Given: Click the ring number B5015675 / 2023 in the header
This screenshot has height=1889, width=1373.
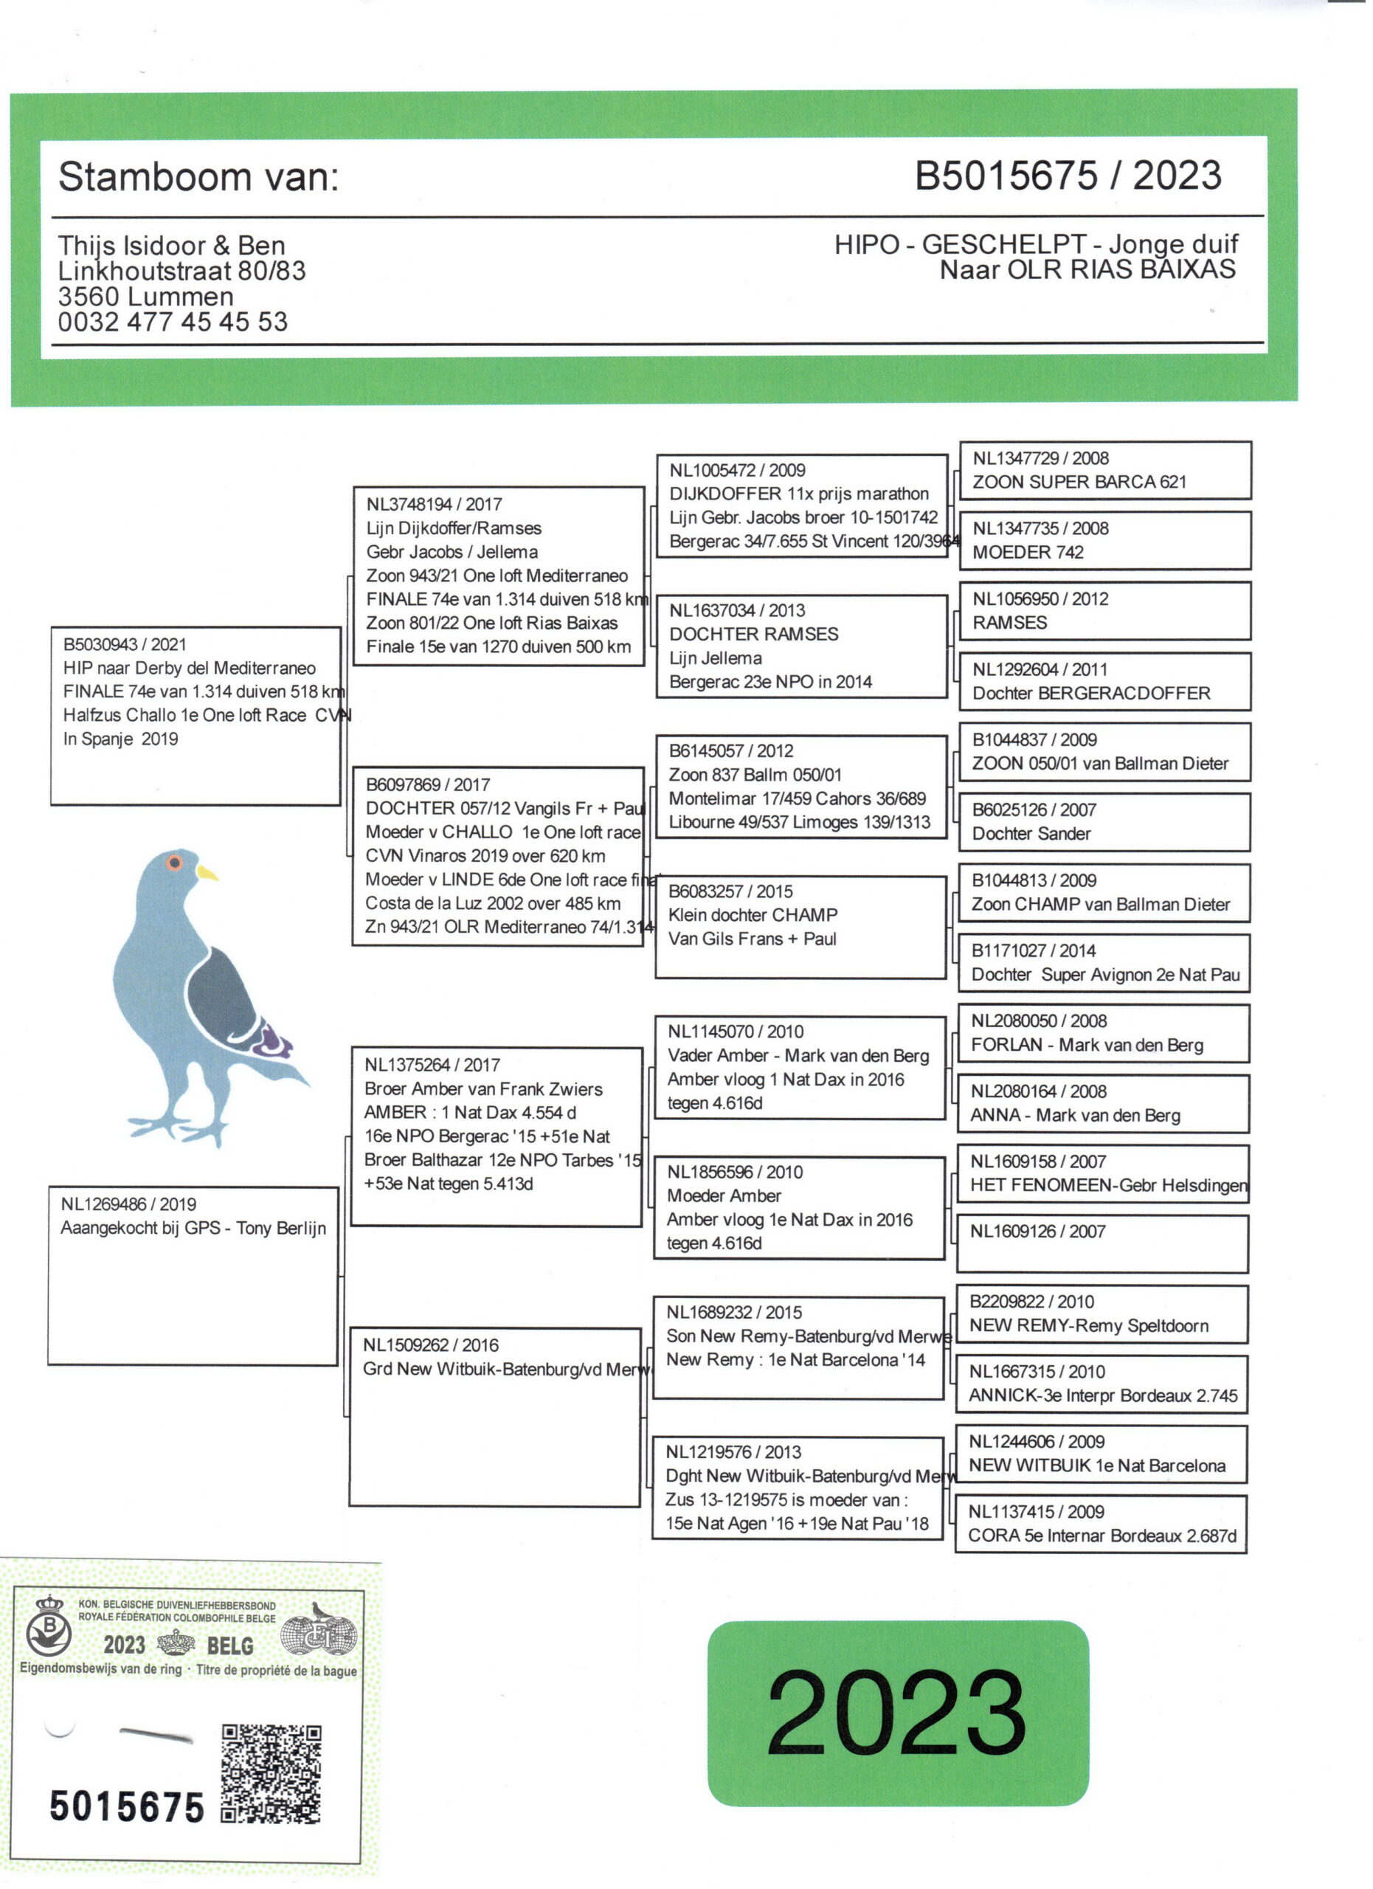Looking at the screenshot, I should pos(1068,176).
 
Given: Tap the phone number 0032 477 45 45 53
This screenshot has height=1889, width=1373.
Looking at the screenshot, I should pos(173,322).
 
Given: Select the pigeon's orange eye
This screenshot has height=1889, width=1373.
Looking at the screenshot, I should pos(175,862).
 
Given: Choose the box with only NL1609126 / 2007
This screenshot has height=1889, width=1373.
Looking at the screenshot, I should pos(1101,1243).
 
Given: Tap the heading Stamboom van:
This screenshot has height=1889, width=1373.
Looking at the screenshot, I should pos(198,176).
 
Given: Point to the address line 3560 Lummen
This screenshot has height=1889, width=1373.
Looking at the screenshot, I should pos(145,297).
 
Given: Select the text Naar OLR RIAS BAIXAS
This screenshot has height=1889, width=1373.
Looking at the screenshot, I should pos(1087,270).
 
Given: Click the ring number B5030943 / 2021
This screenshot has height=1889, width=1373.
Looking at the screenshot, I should pos(125,644).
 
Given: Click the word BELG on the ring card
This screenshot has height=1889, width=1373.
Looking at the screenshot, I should pos(229,1645).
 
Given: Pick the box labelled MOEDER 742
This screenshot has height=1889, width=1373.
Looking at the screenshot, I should pos(1105,541).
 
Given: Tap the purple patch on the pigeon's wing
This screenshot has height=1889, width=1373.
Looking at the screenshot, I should pos(272,1040).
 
